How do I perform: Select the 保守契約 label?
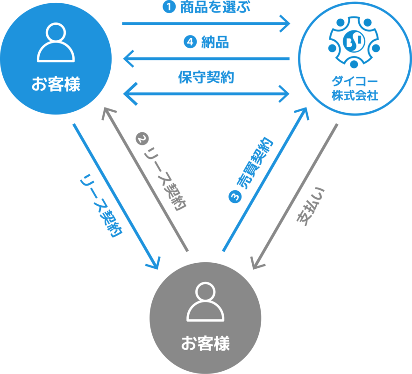(x=206, y=77)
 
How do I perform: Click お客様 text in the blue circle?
(x=56, y=85)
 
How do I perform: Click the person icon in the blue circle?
(x=56, y=43)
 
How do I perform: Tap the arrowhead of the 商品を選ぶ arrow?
(x=286, y=23)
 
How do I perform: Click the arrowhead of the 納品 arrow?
(x=126, y=59)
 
